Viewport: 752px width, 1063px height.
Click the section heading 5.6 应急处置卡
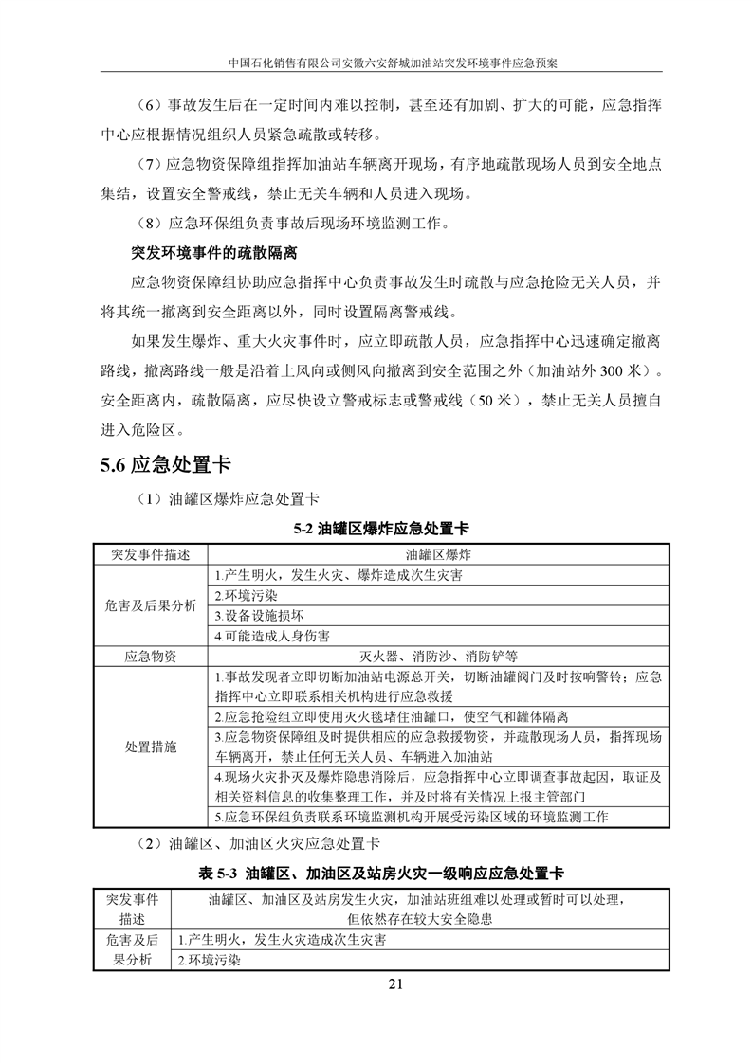(165, 465)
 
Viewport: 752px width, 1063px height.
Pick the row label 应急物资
(151, 656)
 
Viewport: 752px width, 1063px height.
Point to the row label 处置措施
(151, 747)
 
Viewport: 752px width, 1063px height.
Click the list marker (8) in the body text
(151, 225)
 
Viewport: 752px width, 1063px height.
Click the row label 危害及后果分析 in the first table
(151, 604)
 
